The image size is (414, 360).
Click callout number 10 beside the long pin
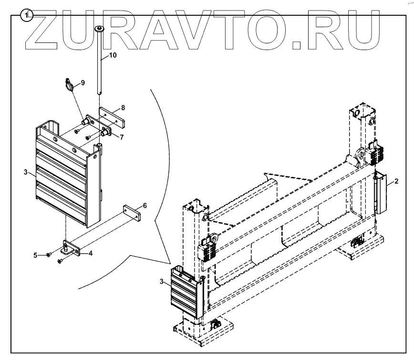pyautogui.click(x=113, y=55)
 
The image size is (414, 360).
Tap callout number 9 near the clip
pyautogui.click(x=83, y=82)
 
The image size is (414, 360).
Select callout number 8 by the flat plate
pyautogui.click(x=123, y=107)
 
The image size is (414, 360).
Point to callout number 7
pyautogui.click(x=122, y=137)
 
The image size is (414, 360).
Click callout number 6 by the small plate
pyautogui.click(x=145, y=206)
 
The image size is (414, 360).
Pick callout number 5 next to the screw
pyautogui.click(x=35, y=255)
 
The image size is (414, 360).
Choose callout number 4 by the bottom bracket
pyautogui.click(x=90, y=253)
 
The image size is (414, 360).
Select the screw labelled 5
pyautogui.click(x=49, y=255)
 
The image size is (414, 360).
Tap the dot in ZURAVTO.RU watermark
pyautogui.click(x=296, y=45)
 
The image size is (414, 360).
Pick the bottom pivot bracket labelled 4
pyautogui.click(x=72, y=248)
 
